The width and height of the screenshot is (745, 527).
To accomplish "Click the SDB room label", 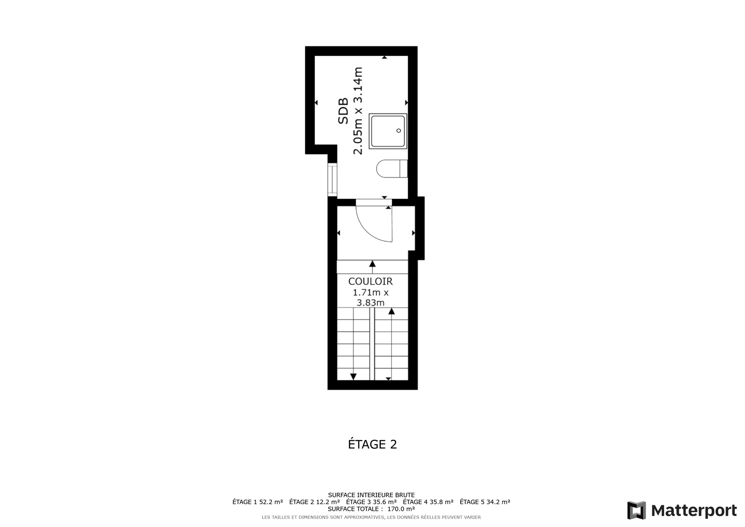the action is (343, 111).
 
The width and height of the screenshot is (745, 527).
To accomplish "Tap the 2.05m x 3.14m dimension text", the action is (358, 111).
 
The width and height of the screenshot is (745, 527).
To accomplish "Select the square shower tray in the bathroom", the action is (388, 131).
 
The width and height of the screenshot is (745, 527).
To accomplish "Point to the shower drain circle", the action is (398, 131).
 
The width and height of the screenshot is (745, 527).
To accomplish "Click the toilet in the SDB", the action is (392, 169).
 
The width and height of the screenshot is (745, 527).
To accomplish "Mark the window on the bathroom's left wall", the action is (332, 180).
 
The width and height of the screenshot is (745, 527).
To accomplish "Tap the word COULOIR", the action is (370, 282).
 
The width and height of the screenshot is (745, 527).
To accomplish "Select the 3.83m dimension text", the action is (370, 303).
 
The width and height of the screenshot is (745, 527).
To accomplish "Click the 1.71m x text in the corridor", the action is (370, 292).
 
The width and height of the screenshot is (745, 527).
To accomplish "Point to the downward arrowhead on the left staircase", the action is (353, 376).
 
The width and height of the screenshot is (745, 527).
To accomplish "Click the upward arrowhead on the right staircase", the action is (391, 311).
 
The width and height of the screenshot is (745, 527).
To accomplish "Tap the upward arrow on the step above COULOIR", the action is (372, 267).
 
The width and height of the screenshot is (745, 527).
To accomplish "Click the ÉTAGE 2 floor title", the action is (372, 444).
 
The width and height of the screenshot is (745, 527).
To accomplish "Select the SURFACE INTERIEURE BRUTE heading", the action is (371, 495).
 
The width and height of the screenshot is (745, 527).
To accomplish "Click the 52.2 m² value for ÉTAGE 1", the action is (271, 502).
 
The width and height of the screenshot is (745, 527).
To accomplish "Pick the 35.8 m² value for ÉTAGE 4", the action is (441, 502).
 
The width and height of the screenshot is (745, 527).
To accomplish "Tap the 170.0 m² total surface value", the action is (401, 509).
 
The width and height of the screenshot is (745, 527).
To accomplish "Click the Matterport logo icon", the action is (636, 510).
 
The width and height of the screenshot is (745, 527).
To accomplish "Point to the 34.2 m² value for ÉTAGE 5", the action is (498, 502).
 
